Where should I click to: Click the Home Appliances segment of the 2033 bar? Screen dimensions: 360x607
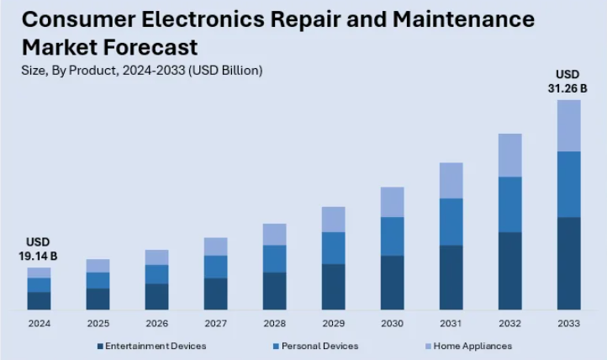[569, 125]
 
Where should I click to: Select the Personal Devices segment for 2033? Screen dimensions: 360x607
[569, 184]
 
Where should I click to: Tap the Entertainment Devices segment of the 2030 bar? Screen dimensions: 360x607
[392, 283]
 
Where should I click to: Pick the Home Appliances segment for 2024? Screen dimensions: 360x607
[39, 273]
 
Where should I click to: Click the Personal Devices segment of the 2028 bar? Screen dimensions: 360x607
[274, 258]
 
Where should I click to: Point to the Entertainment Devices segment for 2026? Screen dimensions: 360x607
[156, 296]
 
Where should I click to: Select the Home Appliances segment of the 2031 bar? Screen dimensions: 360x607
[451, 180]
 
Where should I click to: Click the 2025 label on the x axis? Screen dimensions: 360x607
[98, 324]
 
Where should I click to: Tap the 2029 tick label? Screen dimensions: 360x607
[333, 324]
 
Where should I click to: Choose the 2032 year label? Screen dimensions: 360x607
[509, 324]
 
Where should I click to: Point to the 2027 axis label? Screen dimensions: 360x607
[215, 324]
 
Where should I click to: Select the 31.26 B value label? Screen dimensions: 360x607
[569, 87]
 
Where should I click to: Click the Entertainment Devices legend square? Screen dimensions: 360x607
[99, 346]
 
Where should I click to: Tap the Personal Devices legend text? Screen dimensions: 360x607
[319, 346]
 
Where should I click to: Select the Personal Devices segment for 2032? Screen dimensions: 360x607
[509, 204]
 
